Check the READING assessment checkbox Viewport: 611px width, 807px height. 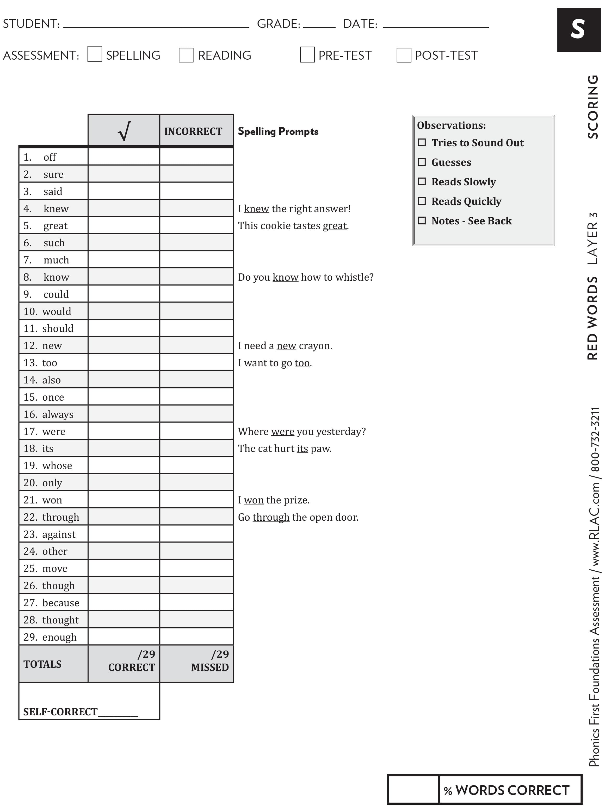[x=186, y=55]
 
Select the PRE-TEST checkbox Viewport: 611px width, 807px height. [x=307, y=54]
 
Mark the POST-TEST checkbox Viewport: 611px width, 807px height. [x=404, y=55]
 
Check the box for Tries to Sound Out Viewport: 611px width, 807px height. [x=422, y=142]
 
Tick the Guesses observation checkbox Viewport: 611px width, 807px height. [x=422, y=162]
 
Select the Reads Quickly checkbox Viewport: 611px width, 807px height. [x=422, y=201]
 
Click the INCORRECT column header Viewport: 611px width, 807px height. [x=193, y=131]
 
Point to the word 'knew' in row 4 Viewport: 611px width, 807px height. [x=56, y=209]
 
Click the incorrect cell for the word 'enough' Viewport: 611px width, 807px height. [x=196, y=637]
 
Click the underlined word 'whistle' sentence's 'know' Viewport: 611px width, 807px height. [x=285, y=277]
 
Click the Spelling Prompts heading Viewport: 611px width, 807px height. [x=278, y=131]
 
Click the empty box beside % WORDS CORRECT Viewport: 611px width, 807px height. [x=413, y=790]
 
